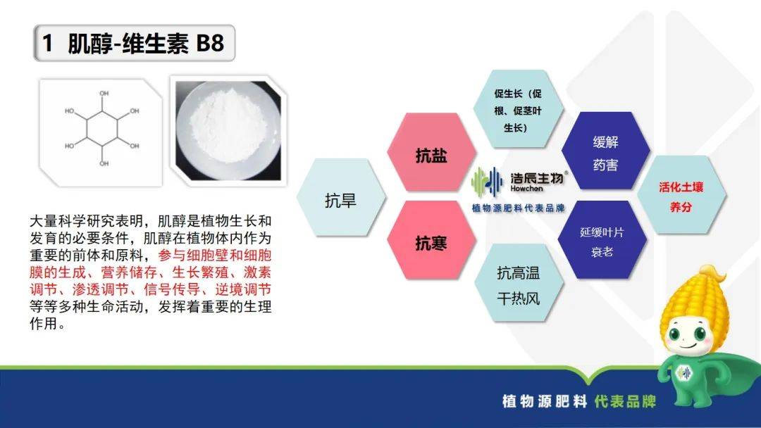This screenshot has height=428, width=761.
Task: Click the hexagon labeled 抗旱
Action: [341, 198]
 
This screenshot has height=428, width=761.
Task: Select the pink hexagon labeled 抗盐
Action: [431, 153]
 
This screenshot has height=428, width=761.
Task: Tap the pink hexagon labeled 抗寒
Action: [431, 241]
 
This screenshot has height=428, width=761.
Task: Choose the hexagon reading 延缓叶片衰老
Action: [602, 240]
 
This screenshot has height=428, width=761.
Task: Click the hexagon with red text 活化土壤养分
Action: [681, 195]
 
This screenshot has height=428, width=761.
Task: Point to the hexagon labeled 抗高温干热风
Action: [519, 284]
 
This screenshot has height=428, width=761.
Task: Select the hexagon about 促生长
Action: [519, 109]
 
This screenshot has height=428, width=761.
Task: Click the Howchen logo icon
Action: [487, 182]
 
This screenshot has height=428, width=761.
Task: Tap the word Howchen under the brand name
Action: [526, 188]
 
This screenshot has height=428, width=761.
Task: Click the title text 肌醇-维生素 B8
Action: [146, 43]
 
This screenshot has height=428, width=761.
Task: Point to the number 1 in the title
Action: [47, 43]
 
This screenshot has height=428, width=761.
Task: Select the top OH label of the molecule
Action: [104, 93]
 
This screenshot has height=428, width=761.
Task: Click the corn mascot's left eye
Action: [675, 333]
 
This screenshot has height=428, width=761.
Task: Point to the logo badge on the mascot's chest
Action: [684, 372]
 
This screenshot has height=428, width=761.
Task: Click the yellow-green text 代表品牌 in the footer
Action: [625, 401]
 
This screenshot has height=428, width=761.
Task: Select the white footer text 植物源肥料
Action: [545, 401]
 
